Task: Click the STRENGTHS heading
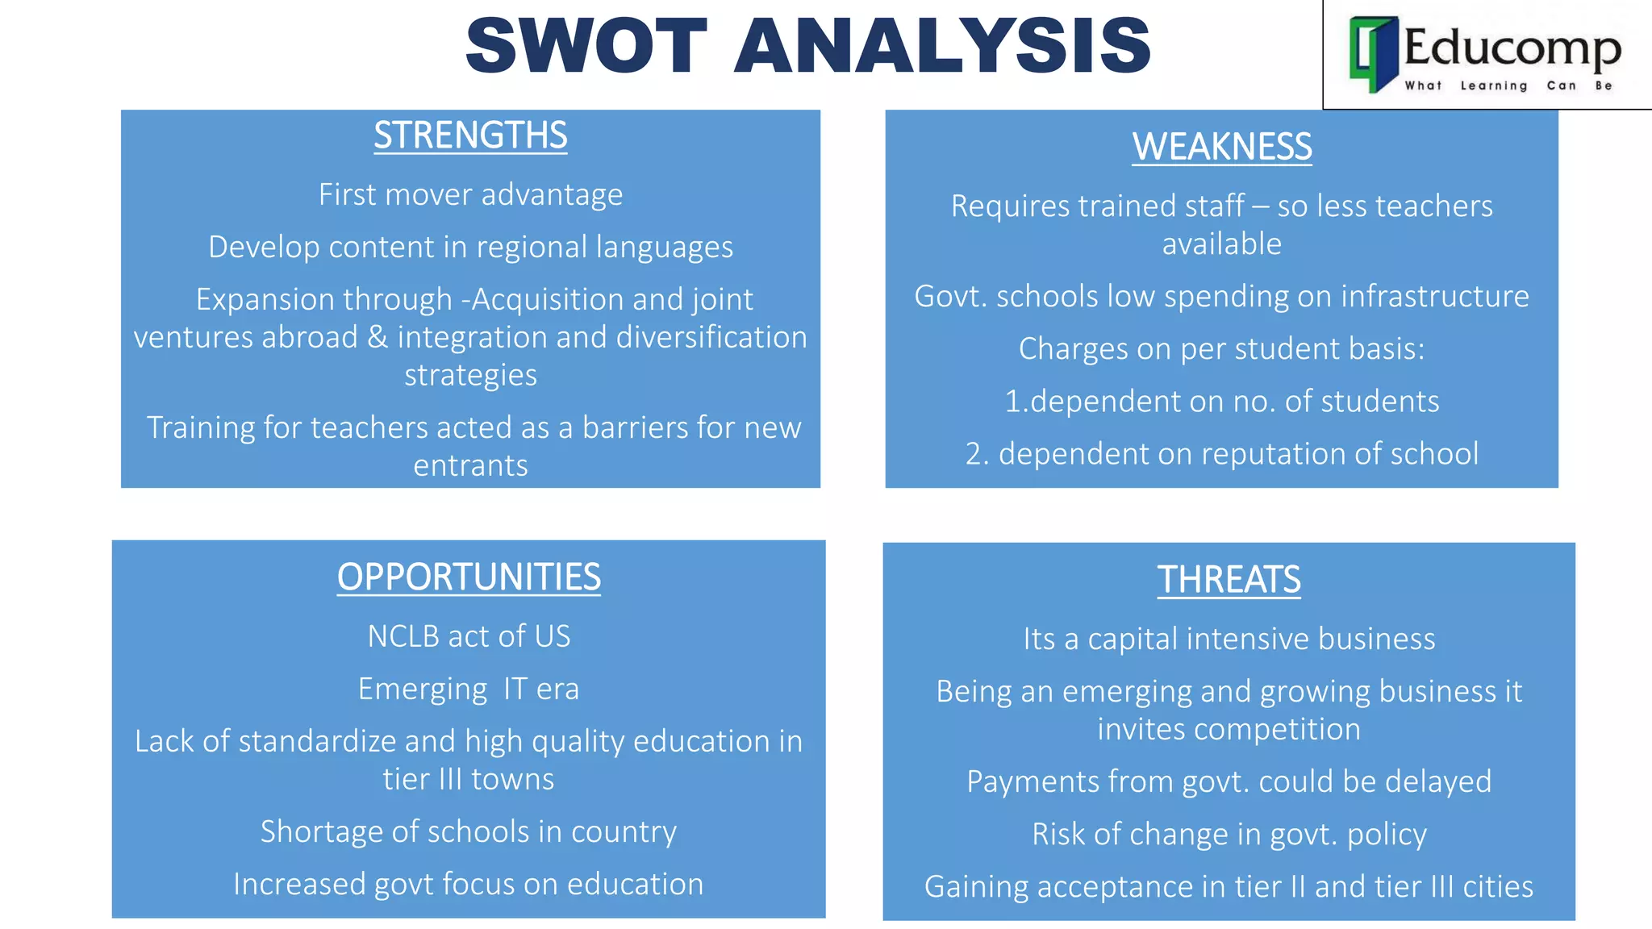470,135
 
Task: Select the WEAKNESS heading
1221,147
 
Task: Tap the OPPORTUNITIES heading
469,577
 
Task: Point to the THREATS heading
1229,580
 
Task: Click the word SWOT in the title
586,46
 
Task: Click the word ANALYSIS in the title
942,46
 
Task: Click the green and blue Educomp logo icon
1373,53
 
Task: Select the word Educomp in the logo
1512,47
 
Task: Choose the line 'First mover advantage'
470,194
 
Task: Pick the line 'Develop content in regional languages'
470,247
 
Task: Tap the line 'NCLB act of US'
469,636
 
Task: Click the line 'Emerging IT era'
469,689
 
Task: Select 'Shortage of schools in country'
469,831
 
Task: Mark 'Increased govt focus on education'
469,884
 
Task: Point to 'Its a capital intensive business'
1229,639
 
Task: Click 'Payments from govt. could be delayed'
1229,781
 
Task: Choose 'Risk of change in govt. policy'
1229,834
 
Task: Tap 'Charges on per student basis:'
1221,348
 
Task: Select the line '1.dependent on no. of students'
1221,401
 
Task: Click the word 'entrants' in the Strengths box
470,466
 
